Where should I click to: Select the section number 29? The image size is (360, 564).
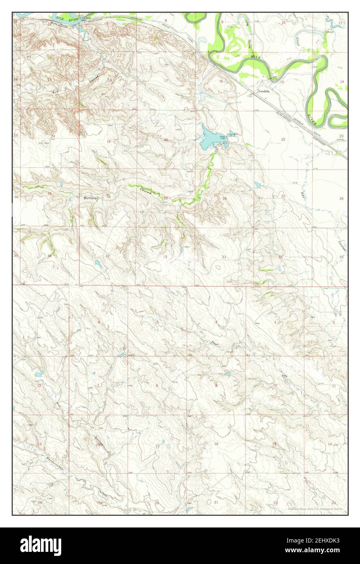coord(165,198)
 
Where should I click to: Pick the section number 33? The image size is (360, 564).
coord(224,257)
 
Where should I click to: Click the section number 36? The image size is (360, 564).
coord(49,256)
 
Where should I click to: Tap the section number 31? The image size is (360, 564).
coord(107,256)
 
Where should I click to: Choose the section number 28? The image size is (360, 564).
coord(224,198)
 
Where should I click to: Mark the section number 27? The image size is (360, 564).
coord(283,196)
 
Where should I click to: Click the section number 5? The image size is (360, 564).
coord(157,322)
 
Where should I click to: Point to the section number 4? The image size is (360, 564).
coord(216,322)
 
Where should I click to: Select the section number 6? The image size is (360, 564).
coord(99,322)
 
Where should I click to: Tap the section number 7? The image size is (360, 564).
coord(98,385)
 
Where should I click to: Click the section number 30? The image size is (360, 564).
coord(107,195)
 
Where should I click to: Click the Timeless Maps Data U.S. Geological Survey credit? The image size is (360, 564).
coord(315,509)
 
